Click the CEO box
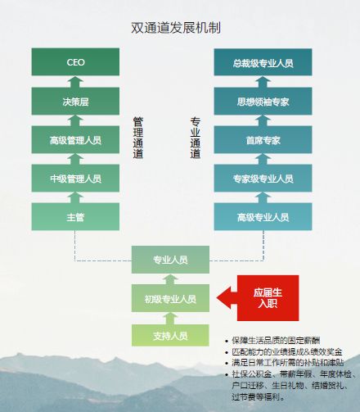pyautogui.click(x=75, y=61)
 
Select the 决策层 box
pyautogui.click(x=75, y=101)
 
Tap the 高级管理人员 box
pyautogui.click(x=75, y=139)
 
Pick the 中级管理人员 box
pyautogui.click(x=75, y=178)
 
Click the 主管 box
pyautogui.click(x=75, y=216)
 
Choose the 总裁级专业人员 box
pyautogui.click(x=263, y=62)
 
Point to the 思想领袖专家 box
pyautogui.click(x=263, y=101)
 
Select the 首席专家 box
pyautogui.click(x=263, y=139)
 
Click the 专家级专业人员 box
pyautogui.click(x=263, y=178)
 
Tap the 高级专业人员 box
pyautogui.click(x=263, y=216)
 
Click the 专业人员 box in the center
pyautogui.click(x=170, y=260)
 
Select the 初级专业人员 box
pyautogui.click(x=170, y=298)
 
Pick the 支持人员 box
pyautogui.click(x=170, y=335)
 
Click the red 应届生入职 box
pyautogui.click(x=268, y=298)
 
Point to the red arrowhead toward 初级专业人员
pyautogui.click(x=223, y=298)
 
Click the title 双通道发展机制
pyautogui.click(x=176, y=28)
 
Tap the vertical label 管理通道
pyautogui.click(x=138, y=138)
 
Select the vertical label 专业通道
pyautogui.click(x=196, y=138)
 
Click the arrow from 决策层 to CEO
pyautogui.click(x=75, y=82)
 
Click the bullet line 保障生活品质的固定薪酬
pyautogui.click(x=276, y=341)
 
